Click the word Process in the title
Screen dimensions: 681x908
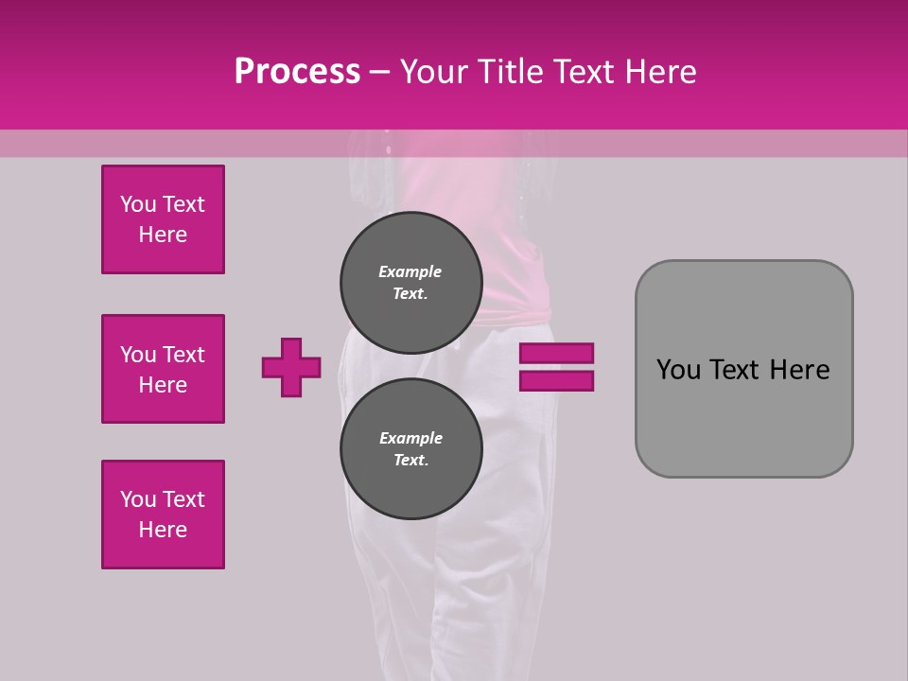tap(297, 72)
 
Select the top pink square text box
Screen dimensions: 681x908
tap(163, 219)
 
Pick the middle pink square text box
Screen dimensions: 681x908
tap(163, 369)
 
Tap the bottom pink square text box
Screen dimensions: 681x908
tap(163, 515)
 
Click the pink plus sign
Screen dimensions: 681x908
tap(291, 367)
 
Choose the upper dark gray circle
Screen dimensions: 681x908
tap(411, 282)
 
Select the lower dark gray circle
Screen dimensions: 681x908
tap(411, 448)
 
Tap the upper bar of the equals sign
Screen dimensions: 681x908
tap(556, 353)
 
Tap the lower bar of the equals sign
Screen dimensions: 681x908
tap(556, 380)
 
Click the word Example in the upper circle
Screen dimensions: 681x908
tap(410, 271)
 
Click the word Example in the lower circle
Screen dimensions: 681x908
tap(410, 438)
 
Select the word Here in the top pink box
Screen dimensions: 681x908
tap(163, 235)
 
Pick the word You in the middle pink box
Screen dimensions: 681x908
tap(136, 355)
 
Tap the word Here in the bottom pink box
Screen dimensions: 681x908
tap(163, 530)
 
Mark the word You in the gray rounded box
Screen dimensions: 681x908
tap(677, 370)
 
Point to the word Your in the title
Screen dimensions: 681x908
tap(433, 72)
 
